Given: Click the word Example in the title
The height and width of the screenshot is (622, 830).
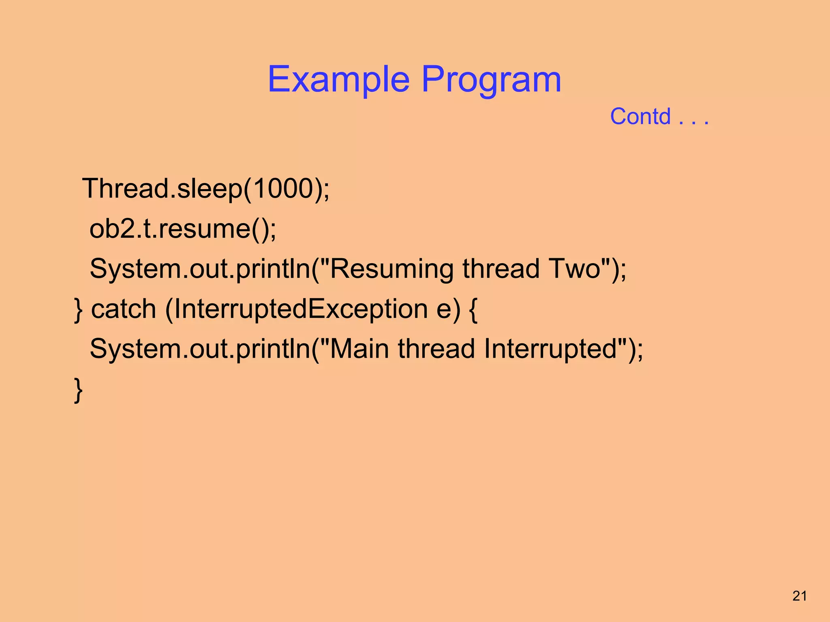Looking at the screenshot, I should [x=338, y=80].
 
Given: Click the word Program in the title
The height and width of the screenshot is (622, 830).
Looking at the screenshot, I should [x=491, y=80].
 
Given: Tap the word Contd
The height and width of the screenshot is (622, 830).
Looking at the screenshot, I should [x=640, y=117].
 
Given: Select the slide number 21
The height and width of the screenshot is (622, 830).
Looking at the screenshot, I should [x=800, y=596].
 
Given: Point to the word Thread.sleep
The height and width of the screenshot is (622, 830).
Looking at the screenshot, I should [x=162, y=189].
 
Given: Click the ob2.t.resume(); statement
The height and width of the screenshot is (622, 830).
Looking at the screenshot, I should [x=183, y=229].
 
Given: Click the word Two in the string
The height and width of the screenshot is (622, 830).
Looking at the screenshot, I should [x=573, y=269].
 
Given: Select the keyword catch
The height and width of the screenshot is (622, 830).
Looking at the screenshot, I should [x=124, y=309].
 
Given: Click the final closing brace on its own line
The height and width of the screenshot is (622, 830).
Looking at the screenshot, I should [x=79, y=390].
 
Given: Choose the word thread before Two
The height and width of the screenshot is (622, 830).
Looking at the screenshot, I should [x=501, y=269].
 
